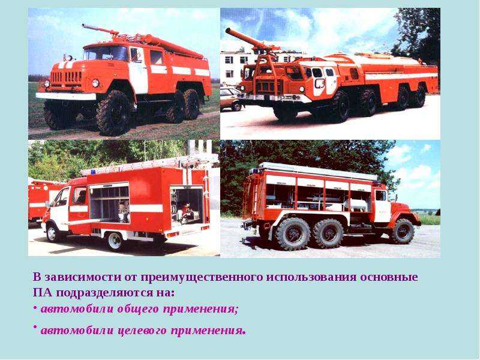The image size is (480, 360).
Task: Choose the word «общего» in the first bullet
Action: point(138,309)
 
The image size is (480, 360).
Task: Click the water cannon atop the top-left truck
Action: point(101,30)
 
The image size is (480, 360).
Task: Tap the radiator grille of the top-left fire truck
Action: point(66,78)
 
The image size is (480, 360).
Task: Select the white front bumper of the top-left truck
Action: point(65,96)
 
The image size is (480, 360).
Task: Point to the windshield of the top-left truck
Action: point(106,53)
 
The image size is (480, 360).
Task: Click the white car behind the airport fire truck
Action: point(231,98)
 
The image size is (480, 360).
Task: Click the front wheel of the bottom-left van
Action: point(52,233)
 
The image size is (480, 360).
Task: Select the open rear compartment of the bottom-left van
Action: point(187,205)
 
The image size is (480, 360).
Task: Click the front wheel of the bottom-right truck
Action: point(403,232)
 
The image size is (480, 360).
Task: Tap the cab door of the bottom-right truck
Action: point(382,206)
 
